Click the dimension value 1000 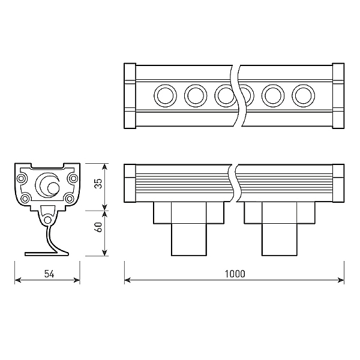click(235, 274)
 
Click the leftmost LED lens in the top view click(164, 95)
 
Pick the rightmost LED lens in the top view click(303, 95)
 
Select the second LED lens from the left click(196, 95)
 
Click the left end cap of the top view click(129, 96)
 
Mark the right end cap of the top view click(338, 96)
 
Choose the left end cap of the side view click(129, 183)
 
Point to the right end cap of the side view click(338, 183)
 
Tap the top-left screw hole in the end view click(24, 178)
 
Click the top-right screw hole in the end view click(73, 178)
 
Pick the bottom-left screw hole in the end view click(26, 199)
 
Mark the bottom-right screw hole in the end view click(70, 199)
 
